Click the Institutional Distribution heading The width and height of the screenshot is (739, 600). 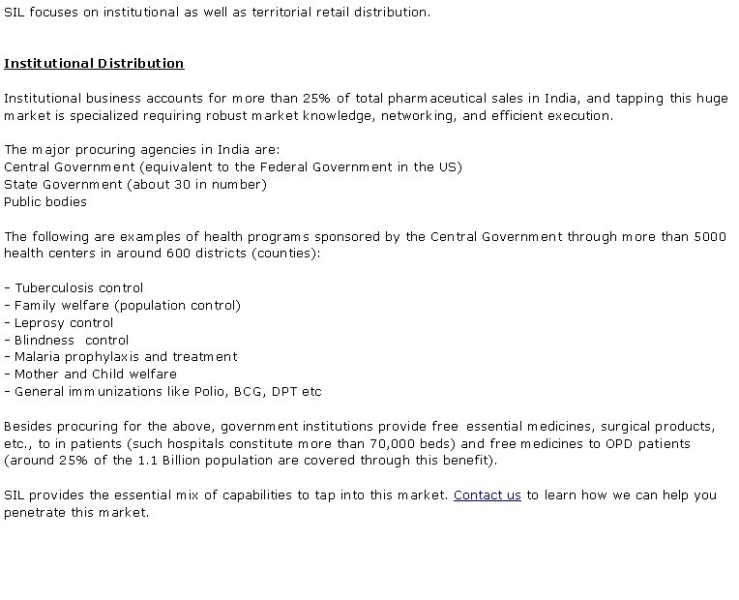[x=94, y=64]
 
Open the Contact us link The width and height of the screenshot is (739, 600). [x=487, y=495]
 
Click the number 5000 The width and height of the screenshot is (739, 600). [x=710, y=237]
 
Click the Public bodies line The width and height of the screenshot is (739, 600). [x=45, y=202]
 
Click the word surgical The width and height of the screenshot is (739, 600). [x=629, y=427]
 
